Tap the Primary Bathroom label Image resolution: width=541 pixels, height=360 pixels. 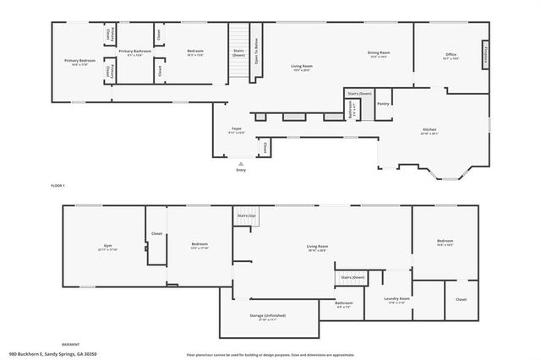[x=135, y=52]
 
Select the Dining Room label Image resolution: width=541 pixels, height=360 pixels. [x=378, y=52]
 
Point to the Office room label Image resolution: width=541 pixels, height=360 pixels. [x=451, y=56]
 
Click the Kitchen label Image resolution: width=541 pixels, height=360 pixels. [x=430, y=129]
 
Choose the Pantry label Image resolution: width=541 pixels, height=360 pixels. [x=384, y=103]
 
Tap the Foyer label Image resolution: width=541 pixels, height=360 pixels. [x=237, y=129]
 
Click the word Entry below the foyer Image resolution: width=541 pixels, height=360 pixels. [x=242, y=170]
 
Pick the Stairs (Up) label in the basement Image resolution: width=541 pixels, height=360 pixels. [x=246, y=216]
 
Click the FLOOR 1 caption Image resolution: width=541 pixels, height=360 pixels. [x=57, y=184]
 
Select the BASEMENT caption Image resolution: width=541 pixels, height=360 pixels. [x=71, y=344]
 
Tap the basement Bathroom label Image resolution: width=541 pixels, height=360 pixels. [x=343, y=303]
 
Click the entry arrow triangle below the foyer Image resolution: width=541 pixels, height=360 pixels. [x=242, y=163]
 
